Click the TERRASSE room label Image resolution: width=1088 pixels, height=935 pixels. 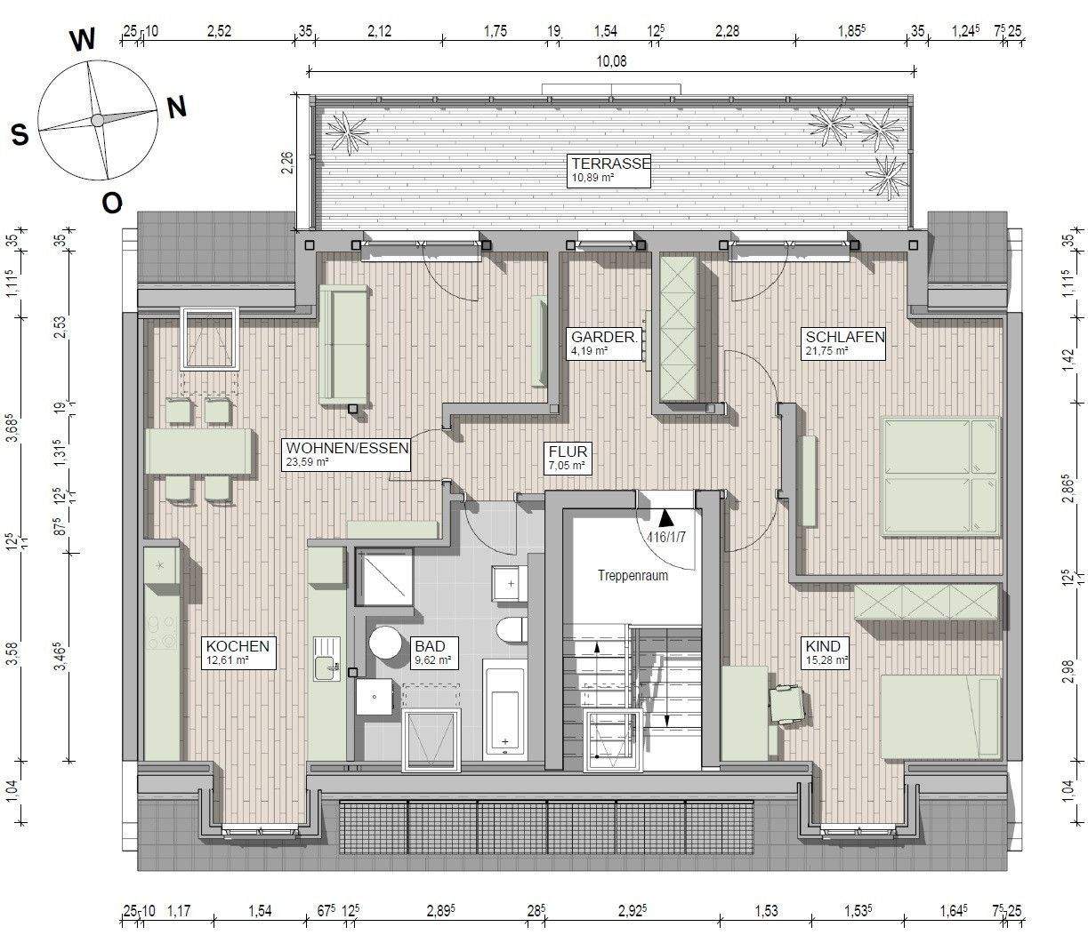coord(611,163)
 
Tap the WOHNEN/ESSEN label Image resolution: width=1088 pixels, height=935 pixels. coord(348,448)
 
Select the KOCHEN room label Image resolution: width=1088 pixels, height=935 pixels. coord(238,646)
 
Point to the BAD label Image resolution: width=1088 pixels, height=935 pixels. coord(430,646)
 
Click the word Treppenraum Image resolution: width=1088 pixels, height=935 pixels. coord(633,575)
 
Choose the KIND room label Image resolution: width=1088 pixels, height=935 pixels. coord(823,646)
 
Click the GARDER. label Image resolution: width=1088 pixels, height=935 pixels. coord(604,337)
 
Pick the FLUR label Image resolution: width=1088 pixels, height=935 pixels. coord(568,452)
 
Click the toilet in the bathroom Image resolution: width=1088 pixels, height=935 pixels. coord(512,629)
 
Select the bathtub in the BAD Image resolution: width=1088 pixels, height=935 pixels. coord(504,714)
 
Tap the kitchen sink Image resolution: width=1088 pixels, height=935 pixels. coord(326,659)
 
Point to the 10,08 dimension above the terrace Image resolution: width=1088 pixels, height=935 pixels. coord(611,61)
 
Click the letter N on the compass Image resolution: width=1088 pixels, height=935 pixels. coord(177,108)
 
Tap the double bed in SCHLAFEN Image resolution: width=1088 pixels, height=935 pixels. coord(940,477)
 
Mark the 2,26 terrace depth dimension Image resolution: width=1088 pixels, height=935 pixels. coord(287,163)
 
